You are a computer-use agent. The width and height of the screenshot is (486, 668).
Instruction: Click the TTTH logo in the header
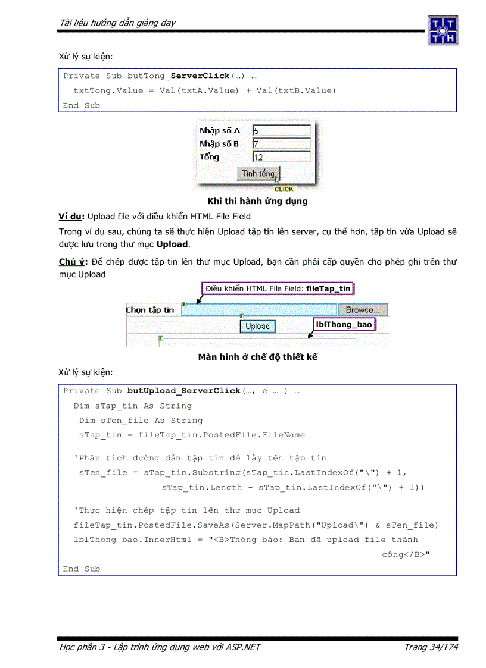pos(442,30)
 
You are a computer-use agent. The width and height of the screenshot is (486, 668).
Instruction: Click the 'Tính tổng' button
pos(258,173)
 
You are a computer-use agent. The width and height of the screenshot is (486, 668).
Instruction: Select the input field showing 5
pos(281,130)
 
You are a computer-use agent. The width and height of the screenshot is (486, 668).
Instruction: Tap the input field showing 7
pos(281,143)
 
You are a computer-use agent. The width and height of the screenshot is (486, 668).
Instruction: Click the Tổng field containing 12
pos(281,157)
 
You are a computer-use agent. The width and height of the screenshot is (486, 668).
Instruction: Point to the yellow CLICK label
pos(284,189)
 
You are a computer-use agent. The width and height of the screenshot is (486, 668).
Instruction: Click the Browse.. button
pos(363,310)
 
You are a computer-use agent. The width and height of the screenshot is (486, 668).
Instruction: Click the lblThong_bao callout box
pos(344,324)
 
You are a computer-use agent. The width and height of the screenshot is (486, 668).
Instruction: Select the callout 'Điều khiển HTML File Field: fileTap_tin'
pos(278,288)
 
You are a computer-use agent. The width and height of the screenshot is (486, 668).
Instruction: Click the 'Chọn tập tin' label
pos(151,310)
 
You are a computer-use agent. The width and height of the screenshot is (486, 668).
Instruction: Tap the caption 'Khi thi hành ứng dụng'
pos(257,201)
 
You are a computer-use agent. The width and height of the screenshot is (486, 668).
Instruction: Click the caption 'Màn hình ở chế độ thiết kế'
pos(257,357)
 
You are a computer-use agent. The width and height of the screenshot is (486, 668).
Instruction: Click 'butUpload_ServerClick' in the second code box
pos(185,391)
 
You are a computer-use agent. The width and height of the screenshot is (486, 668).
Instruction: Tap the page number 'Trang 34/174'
pos(431,647)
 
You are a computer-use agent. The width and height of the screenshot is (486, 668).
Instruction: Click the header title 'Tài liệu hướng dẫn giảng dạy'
pos(117,23)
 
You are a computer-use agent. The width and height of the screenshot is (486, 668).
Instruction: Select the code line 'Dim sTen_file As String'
pos(141,421)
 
